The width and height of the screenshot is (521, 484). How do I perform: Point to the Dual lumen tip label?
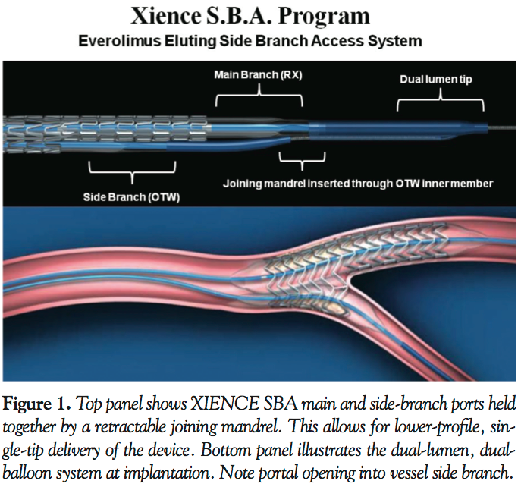(x=435, y=80)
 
